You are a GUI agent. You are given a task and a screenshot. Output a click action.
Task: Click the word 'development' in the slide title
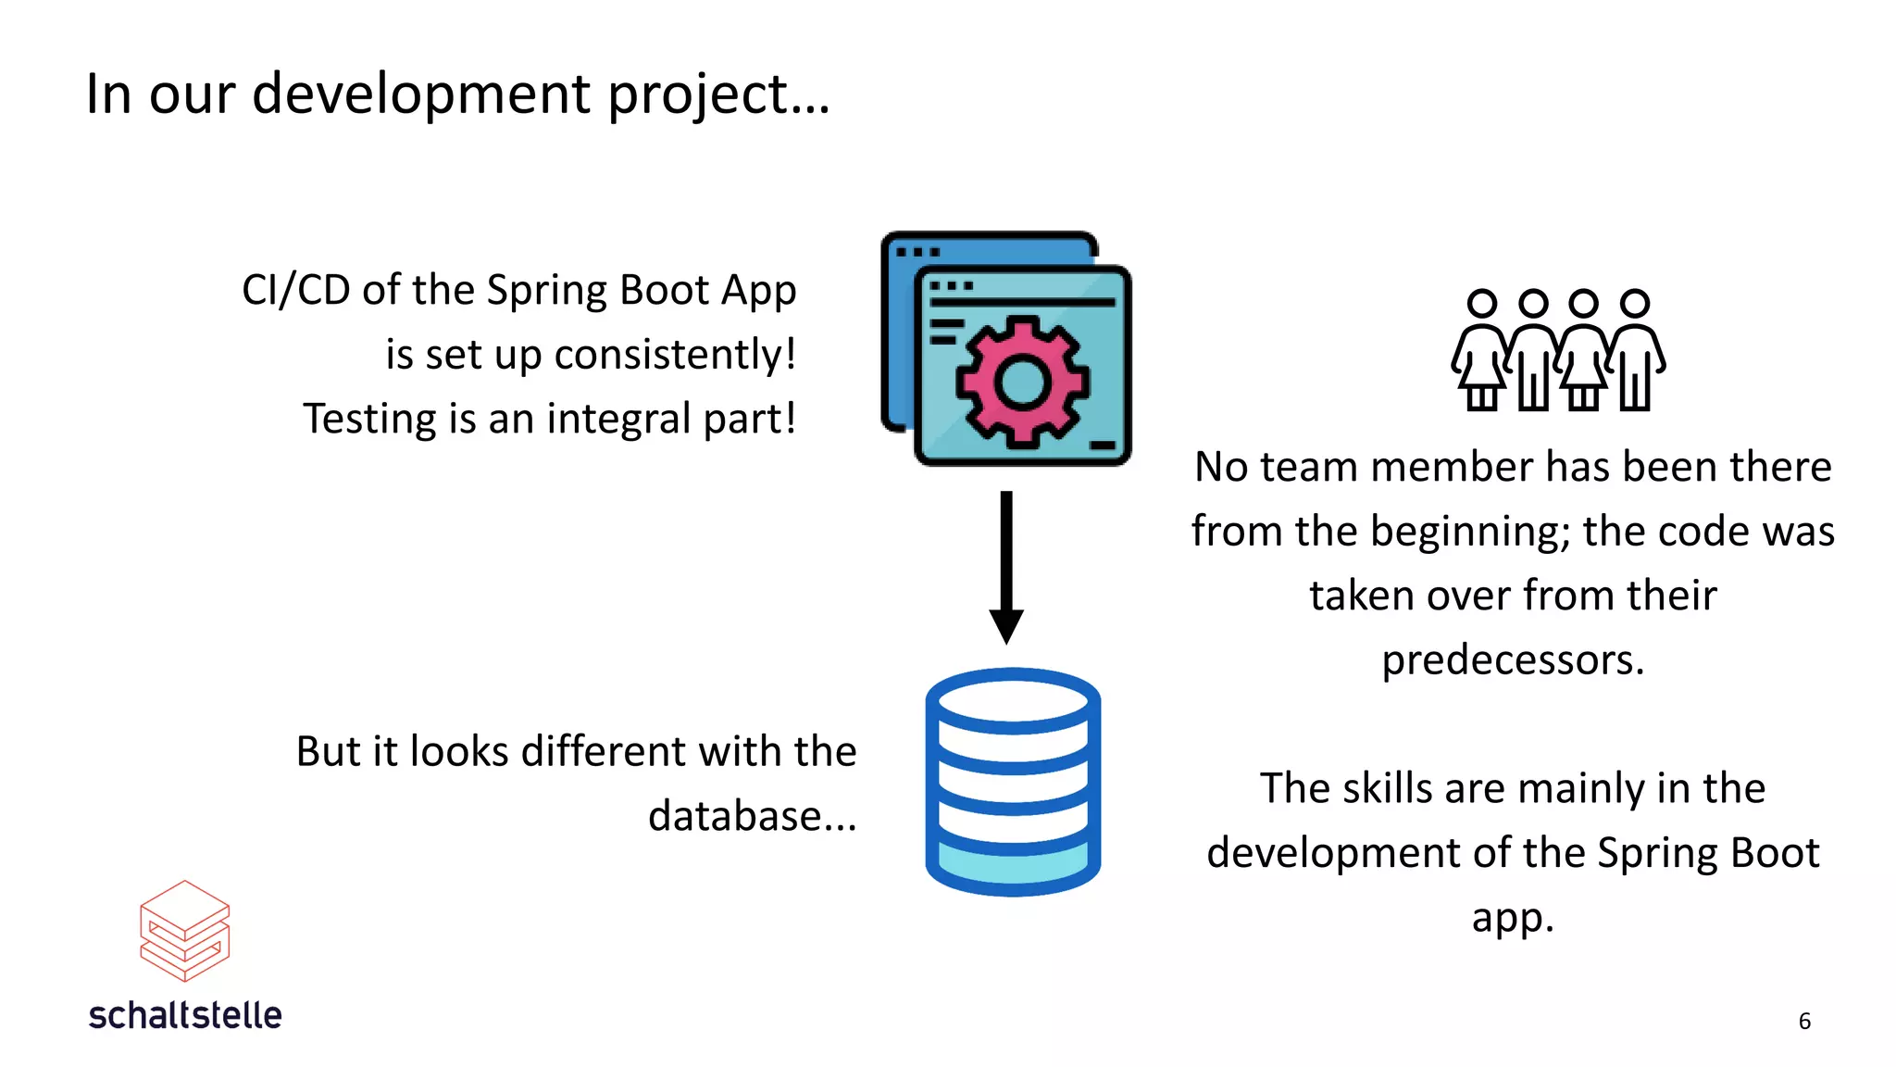(x=421, y=94)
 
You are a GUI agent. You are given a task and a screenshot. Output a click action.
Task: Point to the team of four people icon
(x=1558, y=350)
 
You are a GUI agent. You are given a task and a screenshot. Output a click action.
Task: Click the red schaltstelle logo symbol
(x=184, y=930)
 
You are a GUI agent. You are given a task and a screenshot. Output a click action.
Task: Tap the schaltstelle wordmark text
(x=185, y=1016)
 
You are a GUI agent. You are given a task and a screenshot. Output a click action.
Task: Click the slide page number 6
(x=1804, y=1021)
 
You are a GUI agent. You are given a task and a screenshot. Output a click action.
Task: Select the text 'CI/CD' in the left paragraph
(x=295, y=291)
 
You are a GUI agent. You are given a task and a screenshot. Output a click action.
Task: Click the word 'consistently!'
(x=675, y=355)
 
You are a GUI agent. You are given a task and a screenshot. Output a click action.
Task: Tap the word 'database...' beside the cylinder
(x=752, y=816)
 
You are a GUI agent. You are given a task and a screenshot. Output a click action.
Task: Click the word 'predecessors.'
(x=1513, y=660)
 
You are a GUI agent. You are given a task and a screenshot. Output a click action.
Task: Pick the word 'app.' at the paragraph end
(x=1513, y=918)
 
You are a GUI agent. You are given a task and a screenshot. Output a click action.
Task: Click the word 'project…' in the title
(x=719, y=94)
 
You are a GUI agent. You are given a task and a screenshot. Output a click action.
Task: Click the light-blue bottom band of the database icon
(x=1013, y=864)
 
